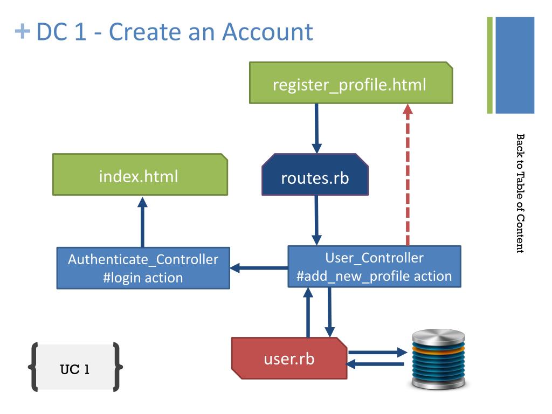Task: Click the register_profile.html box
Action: (351, 82)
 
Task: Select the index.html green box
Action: (140, 174)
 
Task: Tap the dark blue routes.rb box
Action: (315, 174)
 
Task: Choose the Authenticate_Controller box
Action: (143, 268)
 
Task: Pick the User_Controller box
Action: (374, 266)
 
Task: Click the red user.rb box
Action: (289, 358)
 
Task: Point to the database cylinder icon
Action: (439, 359)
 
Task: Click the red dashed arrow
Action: (408, 175)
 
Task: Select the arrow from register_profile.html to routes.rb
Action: (316, 128)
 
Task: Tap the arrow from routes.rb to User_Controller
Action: (316, 220)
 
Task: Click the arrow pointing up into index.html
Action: (142, 222)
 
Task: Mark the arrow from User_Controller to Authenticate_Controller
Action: (259, 268)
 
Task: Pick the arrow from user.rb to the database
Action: (377, 352)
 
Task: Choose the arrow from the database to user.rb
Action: (375, 364)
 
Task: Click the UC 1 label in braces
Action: (75, 369)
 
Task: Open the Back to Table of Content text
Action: (520, 193)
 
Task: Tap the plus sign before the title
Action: (23, 31)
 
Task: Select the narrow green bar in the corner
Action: (489, 65)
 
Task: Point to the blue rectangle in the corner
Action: (515, 65)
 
